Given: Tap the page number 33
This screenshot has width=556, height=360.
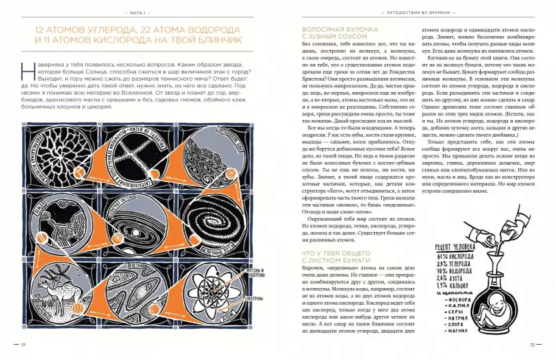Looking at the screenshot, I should click(532, 345).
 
